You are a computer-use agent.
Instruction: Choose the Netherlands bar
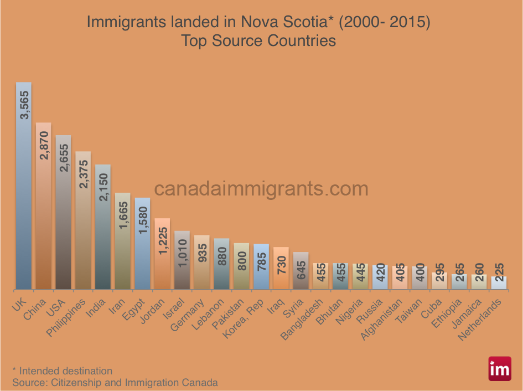coord(499,282)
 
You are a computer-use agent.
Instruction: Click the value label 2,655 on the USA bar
coord(64,157)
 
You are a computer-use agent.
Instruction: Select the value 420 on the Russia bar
coord(380,275)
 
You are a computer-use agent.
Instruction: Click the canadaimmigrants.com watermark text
coord(261,189)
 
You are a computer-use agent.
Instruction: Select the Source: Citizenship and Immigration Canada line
coord(115,382)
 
